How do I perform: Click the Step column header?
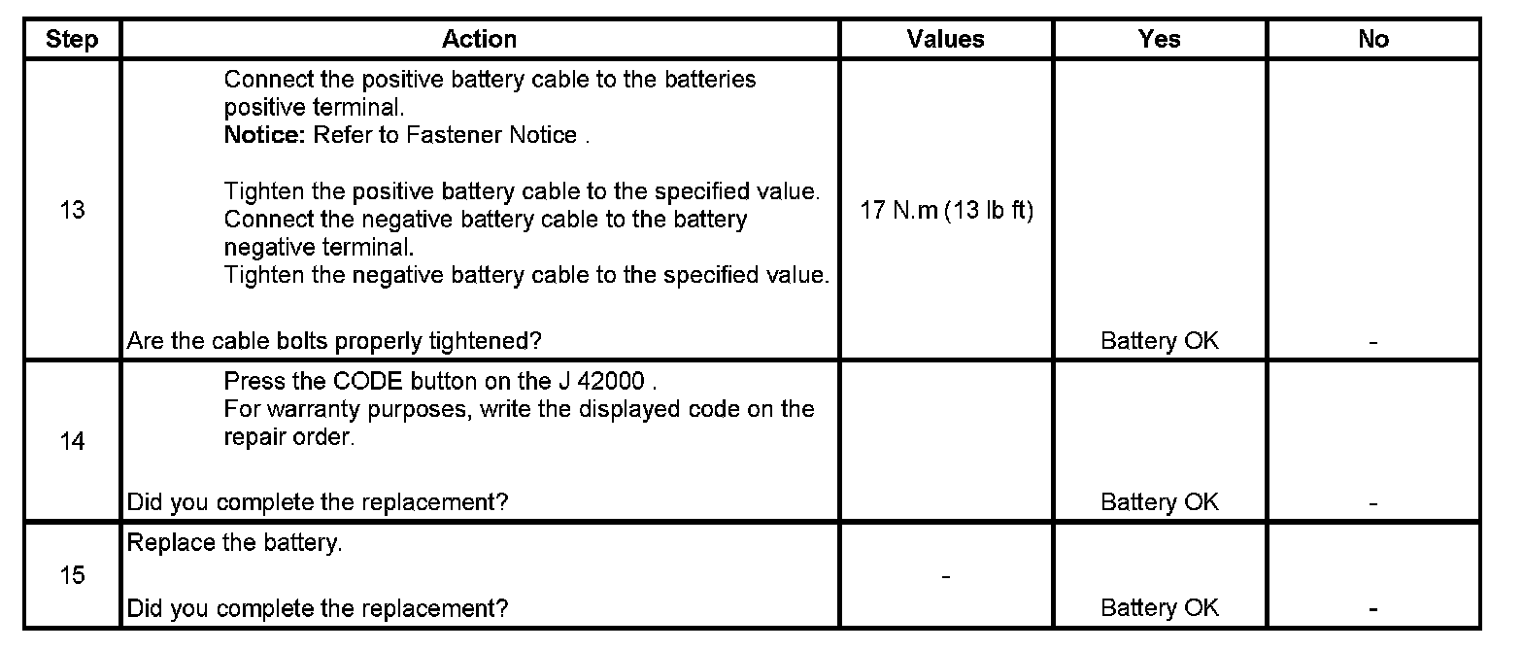pos(72,40)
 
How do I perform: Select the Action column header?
pos(479,39)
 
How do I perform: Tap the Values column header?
pos(945,39)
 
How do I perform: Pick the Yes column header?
pos(1159,39)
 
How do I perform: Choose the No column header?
pos(1373,40)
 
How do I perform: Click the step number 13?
pos(72,210)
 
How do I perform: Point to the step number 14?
pos(72,442)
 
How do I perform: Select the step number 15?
pos(72,575)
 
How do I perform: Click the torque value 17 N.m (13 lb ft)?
pos(946,211)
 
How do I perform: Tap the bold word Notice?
pos(265,135)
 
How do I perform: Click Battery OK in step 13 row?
pos(1159,341)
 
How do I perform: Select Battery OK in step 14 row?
pos(1159,502)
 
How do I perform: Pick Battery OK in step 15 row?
pos(1159,608)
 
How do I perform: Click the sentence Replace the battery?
pos(234,543)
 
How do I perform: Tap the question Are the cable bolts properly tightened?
pos(334,341)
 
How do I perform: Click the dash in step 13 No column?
pos(1373,343)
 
